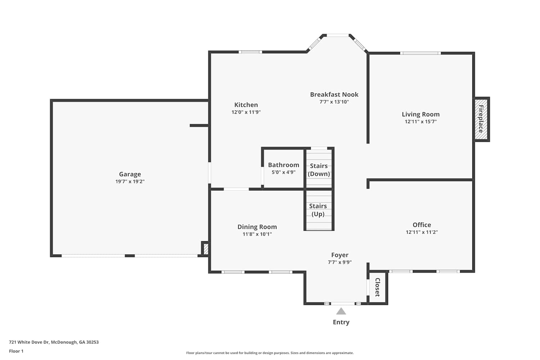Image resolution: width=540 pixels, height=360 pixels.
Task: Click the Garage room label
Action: pyautogui.click(x=130, y=174)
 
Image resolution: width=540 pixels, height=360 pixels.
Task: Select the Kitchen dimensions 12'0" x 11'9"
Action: pyautogui.click(x=246, y=112)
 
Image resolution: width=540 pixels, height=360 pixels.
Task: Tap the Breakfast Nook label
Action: pyautogui.click(x=334, y=95)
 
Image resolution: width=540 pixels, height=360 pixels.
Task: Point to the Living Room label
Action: pyautogui.click(x=421, y=114)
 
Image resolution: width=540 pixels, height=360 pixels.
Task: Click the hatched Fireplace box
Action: pyautogui.click(x=481, y=119)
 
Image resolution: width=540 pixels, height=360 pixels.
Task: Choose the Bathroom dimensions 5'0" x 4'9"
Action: pyautogui.click(x=284, y=172)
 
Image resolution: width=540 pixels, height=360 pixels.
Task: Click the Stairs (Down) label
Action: pyautogui.click(x=319, y=170)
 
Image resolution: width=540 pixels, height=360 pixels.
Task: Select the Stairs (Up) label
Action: pyautogui.click(x=318, y=210)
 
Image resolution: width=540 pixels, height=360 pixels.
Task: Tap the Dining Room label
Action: pyautogui.click(x=257, y=227)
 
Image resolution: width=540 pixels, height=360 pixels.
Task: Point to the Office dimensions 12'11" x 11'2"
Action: pyautogui.click(x=422, y=232)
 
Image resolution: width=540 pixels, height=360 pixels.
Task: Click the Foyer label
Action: pyautogui.click(x=340, y=255)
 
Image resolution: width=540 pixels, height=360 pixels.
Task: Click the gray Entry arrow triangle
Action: pyautogui.click(x=341, y=311)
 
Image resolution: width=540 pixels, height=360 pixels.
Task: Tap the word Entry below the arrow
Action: pyautogui.click(x=341, y=322)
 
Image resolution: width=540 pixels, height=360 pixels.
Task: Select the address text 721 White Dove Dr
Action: pyautogui.click(x=29, y=342)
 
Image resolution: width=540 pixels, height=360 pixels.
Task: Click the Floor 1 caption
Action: pyautogui.click(x=16, y=351)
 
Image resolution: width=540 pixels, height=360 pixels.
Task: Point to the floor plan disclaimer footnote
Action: pyautogui.click(x=270, y=353)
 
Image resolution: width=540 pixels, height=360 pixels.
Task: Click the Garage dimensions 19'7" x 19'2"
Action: pyautogui.click(x=130, y=181)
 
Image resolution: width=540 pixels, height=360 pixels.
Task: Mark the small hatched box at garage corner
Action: pyautogui.click(x=206, y=249)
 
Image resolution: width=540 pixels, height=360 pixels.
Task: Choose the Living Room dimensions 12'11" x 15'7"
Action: pyautogui.click(x=421, y=122)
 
